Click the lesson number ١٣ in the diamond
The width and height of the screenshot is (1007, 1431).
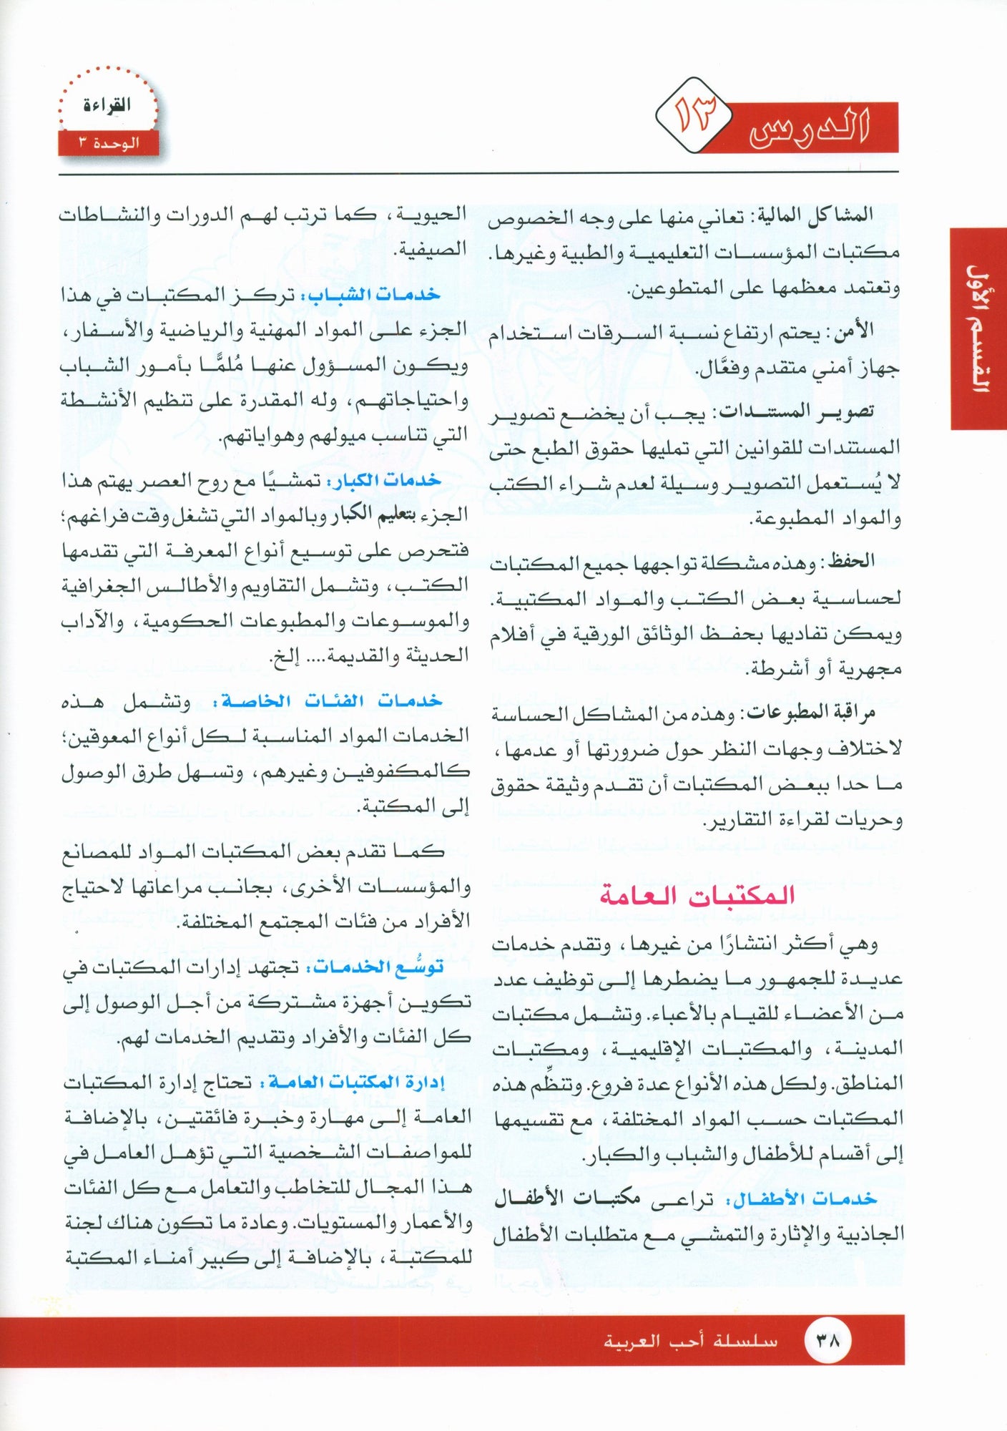[x=694, y=115]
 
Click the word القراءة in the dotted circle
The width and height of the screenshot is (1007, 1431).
[x=107, y=105]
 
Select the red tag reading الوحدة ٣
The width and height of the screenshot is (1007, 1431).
[x=109, y=143]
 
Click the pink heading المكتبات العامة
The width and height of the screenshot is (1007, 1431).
[x=697, y=895]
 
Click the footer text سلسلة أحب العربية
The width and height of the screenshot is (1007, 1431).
[x=690, y=1341]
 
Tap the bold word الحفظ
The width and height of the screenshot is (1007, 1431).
[x=851, y=561]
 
